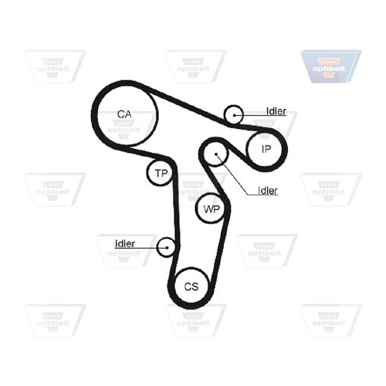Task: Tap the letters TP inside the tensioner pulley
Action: tap(161, 173)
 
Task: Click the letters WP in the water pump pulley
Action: tap(212, 209)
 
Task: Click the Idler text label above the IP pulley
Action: tap(276, 111)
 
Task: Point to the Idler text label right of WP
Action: tap(268, 191)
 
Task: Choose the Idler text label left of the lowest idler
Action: tap(125, 243)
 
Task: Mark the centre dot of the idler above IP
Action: tap(234, 115)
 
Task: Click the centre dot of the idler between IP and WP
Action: tap(216, 154)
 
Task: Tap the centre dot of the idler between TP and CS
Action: tap(168, 248)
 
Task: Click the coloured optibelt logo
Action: tap(331, 66)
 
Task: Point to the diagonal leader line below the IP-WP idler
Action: tap(232, 174)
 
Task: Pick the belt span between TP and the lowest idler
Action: tap(175, 206)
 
